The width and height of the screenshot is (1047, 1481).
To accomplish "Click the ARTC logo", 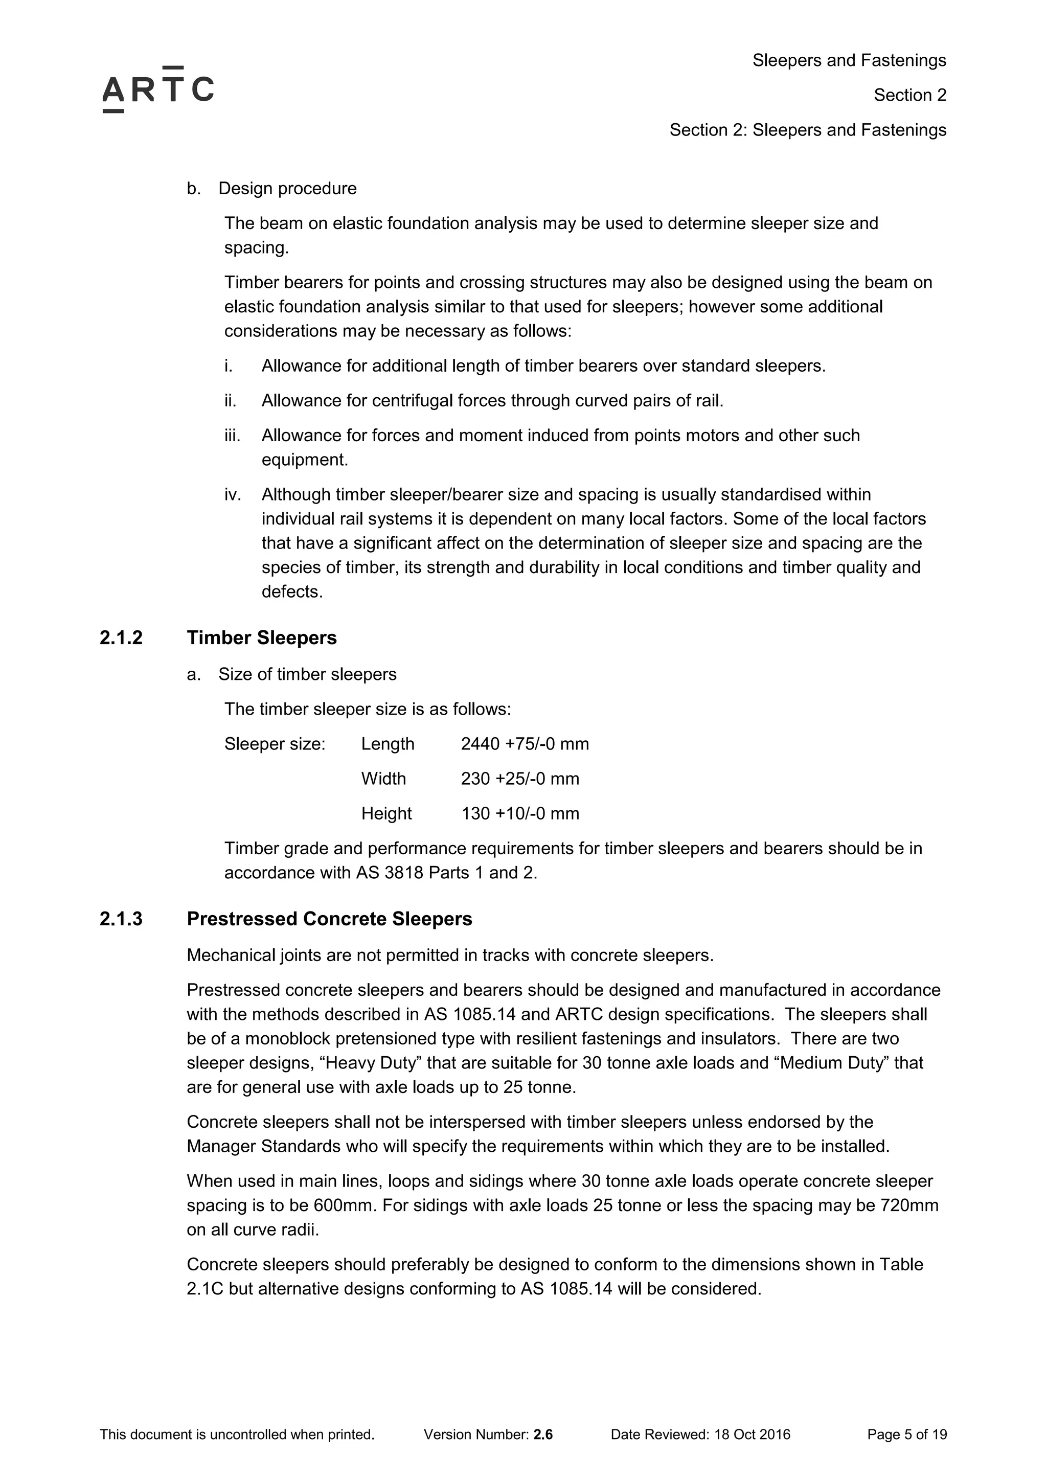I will point(158,89).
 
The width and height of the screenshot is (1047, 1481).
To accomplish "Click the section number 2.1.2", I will point(121,638).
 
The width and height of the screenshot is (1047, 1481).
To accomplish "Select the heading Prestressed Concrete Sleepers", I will point(329,919).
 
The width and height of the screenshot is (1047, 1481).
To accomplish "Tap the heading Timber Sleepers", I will point(261,638).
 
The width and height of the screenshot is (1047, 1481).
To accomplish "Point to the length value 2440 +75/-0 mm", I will point(525,744).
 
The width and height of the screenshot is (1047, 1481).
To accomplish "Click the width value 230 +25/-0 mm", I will point(519,779).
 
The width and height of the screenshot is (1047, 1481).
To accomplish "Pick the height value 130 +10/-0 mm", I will point(519,813).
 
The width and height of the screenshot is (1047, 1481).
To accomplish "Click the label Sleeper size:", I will point(275,744).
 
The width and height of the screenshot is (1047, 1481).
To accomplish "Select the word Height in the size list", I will point(386,813).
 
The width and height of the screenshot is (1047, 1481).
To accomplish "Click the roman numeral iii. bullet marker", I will point(232,436).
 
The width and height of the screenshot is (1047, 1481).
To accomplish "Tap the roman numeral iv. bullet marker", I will point(232,495).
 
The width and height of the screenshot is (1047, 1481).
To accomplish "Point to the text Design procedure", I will point(287,188).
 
